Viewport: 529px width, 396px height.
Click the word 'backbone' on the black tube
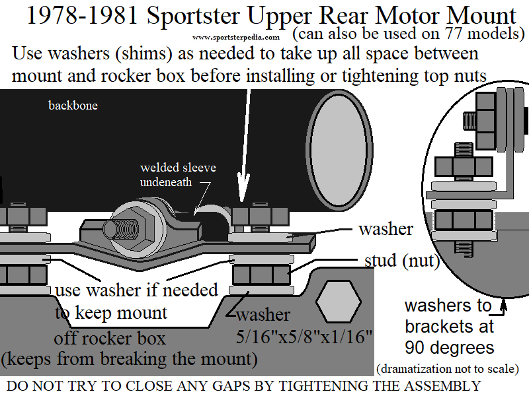tap(73, 106)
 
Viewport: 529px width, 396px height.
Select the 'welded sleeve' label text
tap(178, 168)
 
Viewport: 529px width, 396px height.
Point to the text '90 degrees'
tap(449, 347)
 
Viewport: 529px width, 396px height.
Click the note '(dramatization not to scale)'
tap(446, 368)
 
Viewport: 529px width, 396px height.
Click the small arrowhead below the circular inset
tap(503, 304)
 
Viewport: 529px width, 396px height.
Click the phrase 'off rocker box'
tap(109, 339)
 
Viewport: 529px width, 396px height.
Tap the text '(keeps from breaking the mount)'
tap(129, 360)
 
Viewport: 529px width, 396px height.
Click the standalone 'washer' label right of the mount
tap(386, 229)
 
